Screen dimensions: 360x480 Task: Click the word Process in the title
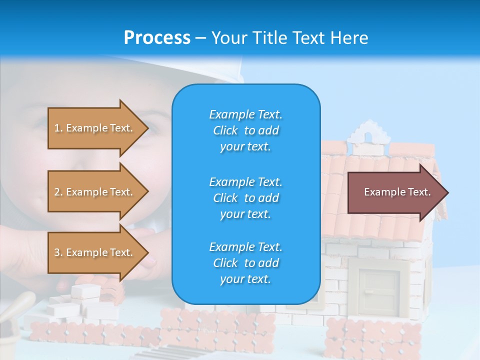point(157,37)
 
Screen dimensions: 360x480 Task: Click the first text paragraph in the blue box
point(245,130)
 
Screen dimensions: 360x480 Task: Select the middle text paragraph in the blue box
point(245,198)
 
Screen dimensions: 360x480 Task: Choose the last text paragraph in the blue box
point(245,263)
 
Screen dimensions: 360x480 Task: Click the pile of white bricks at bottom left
point(82,302)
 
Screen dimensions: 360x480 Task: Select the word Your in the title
point(228,37)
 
